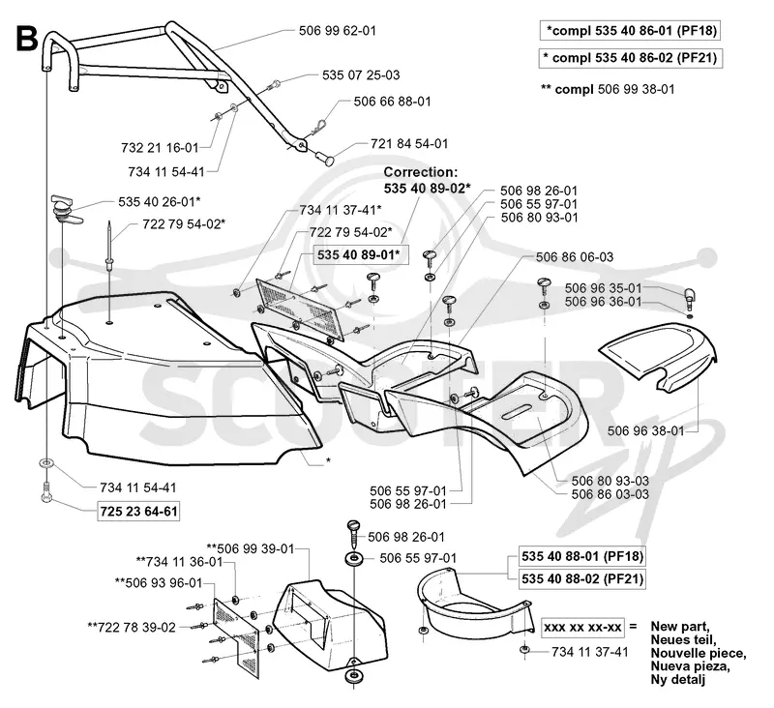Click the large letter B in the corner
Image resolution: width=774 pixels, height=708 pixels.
pos(27,39)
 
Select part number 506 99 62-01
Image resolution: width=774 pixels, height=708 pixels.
pos(337,31)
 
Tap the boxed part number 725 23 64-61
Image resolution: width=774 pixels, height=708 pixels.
pos(138,511)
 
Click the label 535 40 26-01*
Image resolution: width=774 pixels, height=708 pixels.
pos(160,202)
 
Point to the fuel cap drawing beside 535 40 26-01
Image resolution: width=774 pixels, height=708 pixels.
pos(63,209)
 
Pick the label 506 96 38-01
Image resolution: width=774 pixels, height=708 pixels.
pos(645,431)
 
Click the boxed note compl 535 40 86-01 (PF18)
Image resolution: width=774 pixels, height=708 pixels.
pos(629,31)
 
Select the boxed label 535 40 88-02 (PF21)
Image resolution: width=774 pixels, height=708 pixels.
pos(582,578)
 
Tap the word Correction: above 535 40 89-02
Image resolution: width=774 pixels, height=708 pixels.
pos(421,172)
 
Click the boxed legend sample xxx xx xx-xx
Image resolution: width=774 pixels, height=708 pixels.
pos(582,627)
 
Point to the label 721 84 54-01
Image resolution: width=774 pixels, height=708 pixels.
pos(409,144)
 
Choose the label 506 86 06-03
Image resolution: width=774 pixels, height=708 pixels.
pos(575,257)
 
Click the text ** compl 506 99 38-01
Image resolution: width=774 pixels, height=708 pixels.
pos(608,89)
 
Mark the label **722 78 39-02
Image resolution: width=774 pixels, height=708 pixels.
pos(132,628)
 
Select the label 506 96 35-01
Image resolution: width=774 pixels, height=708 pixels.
pos(603,288)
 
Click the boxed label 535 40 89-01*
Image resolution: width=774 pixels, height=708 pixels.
pos(358,255)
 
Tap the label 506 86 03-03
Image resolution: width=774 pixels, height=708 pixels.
pos(610,494)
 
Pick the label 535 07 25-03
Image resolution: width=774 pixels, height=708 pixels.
pos(361,75)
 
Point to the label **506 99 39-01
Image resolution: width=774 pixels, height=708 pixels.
pos(251,548)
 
